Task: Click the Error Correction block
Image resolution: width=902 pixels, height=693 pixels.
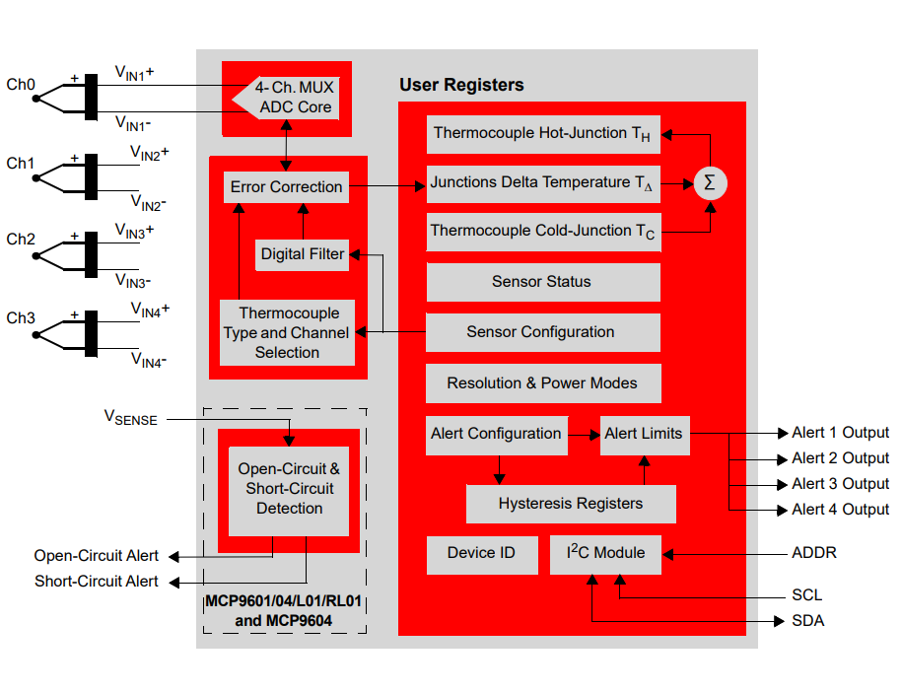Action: pyautogui.click(x=286, y=187)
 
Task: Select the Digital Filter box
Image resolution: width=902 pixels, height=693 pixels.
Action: pyautogui.click(x=303, y=254)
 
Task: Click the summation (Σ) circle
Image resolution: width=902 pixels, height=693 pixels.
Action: pyautogui.click(x=709, y=182)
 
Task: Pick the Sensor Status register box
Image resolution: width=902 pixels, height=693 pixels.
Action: pyautogui.click(x=542, y=282)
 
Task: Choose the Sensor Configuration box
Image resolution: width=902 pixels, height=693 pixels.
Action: pyautogui.click(x=542, y=332)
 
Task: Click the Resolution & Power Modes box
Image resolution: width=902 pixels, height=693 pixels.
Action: pyautogui.click(x=542, y=382)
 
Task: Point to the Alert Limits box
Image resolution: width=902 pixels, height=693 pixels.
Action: pyautogui.click(x=645, y=434)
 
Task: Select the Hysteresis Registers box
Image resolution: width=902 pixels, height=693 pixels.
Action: pyautogui.click(x=571, y=504)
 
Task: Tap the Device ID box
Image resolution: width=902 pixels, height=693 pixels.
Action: pyautogui.click(x=482, y=553)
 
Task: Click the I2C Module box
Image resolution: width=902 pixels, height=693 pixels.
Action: pyautogui.click(x=605, y=553)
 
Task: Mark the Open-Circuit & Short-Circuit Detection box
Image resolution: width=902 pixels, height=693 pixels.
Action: pyautogui.click(x=289, y=489)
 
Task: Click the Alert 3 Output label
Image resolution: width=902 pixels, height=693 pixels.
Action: pyautogui.click(x=840, y=484)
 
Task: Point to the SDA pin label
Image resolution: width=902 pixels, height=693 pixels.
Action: pyautogui.click(x=807, y=621)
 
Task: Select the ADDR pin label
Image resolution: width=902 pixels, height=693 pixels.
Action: pyautogui.click(x=814, y=553)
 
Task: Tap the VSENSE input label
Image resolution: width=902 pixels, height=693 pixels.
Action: pyautogui.click(x=131, y=417)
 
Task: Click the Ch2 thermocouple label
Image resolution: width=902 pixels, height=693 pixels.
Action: pyautogui.click(x=21, y=240)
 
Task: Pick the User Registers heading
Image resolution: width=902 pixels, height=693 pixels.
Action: pyautogui.click(x=461, y=85)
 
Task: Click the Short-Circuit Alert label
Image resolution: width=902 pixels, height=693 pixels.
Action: pyautogui.click(x=97, y=582)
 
